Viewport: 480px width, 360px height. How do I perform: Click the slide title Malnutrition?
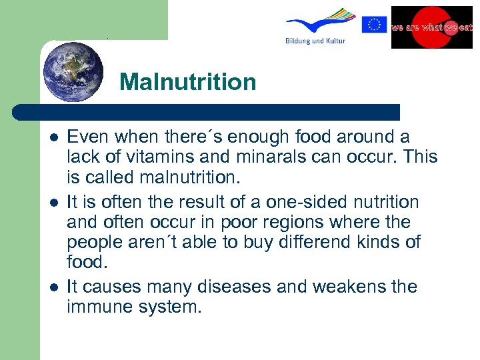pos(188,83)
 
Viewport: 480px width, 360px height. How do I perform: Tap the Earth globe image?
pos(73,71)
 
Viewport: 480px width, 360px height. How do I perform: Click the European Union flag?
pos(374,25)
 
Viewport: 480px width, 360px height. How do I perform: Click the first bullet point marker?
pos(53,137)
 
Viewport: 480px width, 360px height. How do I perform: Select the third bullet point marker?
pos(53,287)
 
